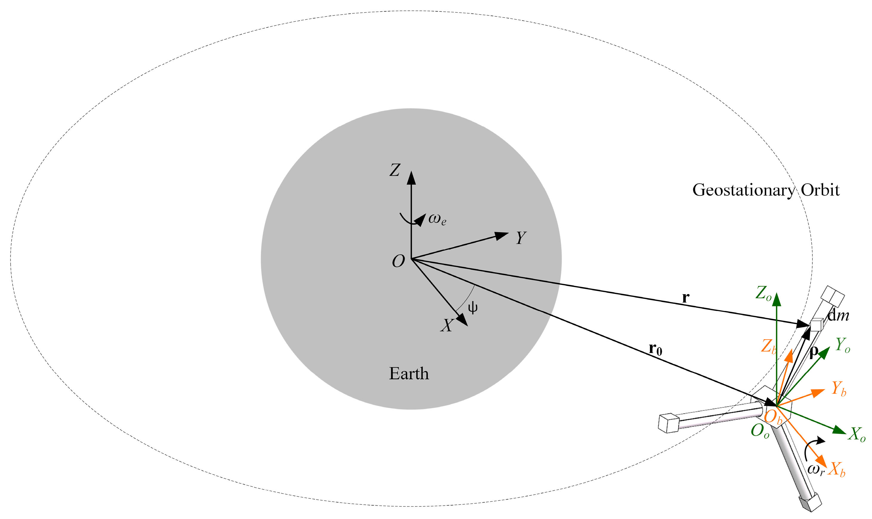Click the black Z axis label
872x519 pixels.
pyautogui.click(x=395, y=170)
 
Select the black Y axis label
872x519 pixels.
pyautogui.click(x=521, y=238)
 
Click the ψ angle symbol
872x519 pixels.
pyautogui.click(x=473, y=308)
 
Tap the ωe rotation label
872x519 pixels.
pyautogui.click(x=437, y=220)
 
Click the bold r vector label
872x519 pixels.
pyautogui.click(x=686, y=298)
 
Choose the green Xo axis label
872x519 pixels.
pyautogui.click(x=856, y=434)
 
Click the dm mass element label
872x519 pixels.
pyautogui.click(x=838, y=316)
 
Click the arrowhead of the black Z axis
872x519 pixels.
pyautogui.click(x=411, y=178)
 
